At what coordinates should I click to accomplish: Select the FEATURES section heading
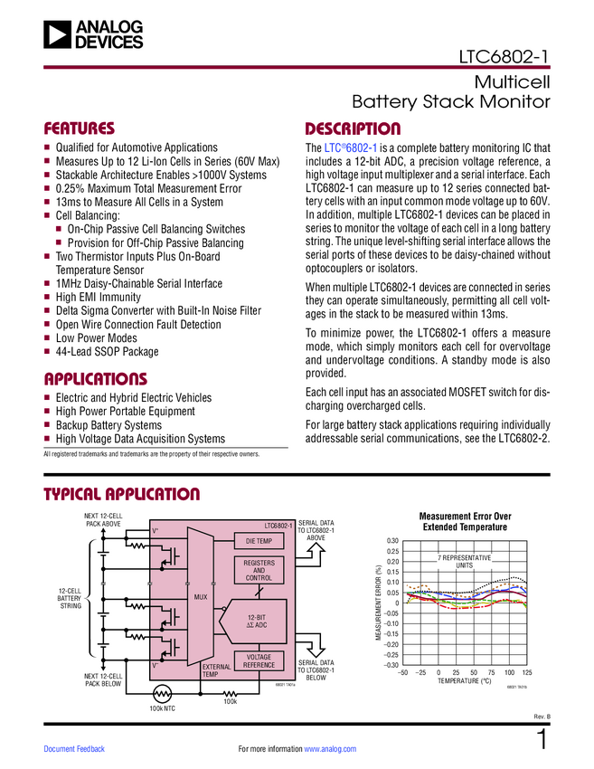pyautogui.click(x=80, y=128)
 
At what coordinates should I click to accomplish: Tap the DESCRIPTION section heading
pyautogui.click(x=353, y=128)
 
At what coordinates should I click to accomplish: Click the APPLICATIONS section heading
pyautogui.click(x=95, y=378)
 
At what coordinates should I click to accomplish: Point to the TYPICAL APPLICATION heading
pyautogui.click(x=122, y=494)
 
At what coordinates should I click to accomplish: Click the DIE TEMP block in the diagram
pyautogui.click(x=259, y=541)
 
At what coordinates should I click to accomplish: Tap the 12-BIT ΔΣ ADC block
pyautogui.click(x=259, y=621)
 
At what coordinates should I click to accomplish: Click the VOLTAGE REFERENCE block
pyautogui.click(x=259, y=660)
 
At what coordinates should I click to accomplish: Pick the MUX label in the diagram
pyautogui.click(x=201, y=598)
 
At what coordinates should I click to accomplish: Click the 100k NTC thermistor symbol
pyautogui.click(x=162, y=693)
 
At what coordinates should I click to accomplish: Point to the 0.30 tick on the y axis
pyautogui.click(x=392, y=541)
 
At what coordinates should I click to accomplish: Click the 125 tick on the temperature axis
pyautogui.click(x=527, y=673)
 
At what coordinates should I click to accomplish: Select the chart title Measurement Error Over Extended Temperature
pyautogui.click(x=465, y=521)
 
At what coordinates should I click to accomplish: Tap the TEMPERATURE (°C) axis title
pyautogui.click(x=465, y=681)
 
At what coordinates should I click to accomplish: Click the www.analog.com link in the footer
pyautogui.click(x=331, y=749)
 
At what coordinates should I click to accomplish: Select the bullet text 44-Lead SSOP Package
pyautogui.click(x=107, y=351)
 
